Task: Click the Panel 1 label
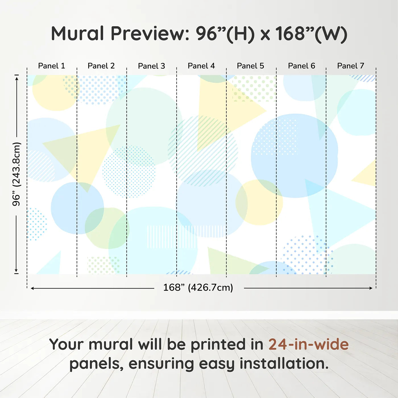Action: [x=51, y=66]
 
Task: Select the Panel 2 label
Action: [x=101, y=66]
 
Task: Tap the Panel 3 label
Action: [x=151, y=66]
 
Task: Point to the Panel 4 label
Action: [x=201, y=66]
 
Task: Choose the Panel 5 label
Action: [x=250, y=66]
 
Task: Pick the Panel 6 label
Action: [x=301, y=66]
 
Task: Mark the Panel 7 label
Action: [x=350, y=66]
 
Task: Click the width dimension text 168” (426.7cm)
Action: [x=198, y=288]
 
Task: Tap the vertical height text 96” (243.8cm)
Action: [x=16, y=174]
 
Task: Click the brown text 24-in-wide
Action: [x=308, y=344]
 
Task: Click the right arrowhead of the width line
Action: [x=371, y=288]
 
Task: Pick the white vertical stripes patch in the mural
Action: [x=185, y=237]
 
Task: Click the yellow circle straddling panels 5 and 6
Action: [x=259, y=202]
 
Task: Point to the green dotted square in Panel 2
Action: [x=103, y=265]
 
